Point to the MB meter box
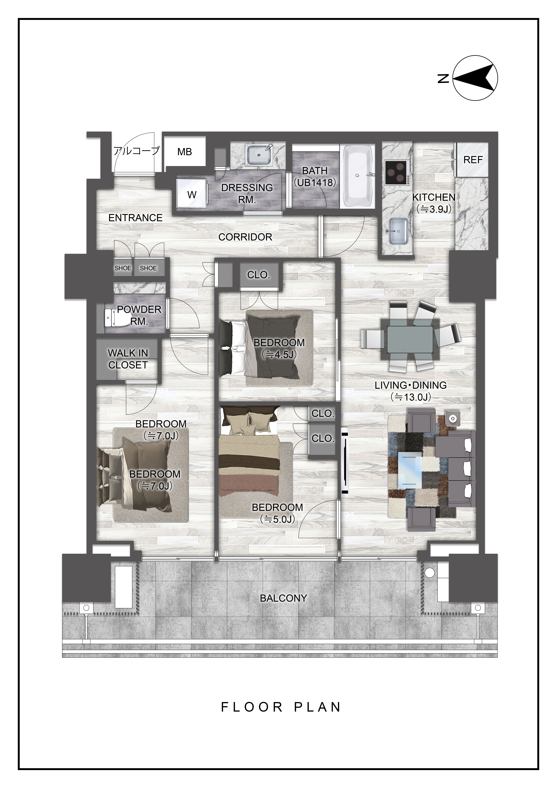(185, 152)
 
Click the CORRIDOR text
(245, 237)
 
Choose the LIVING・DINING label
(410, 385)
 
